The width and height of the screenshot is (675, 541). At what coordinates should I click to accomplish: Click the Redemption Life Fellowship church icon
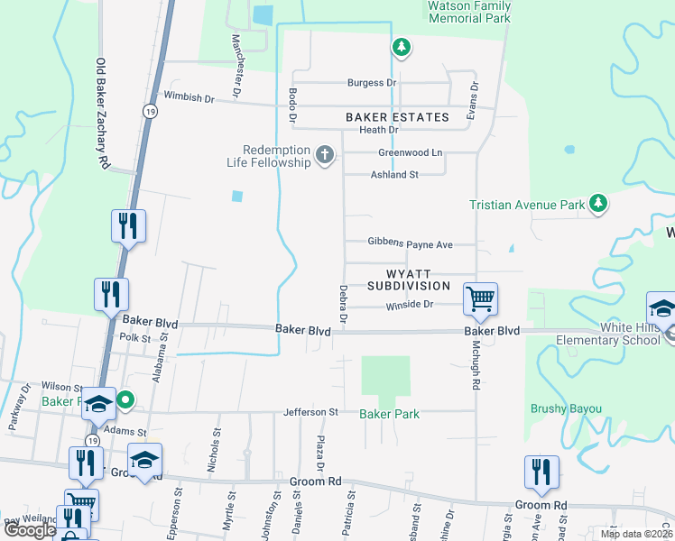click(x=325, y=156)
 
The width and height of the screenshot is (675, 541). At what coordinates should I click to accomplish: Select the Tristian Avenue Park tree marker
click(x=597, y=205)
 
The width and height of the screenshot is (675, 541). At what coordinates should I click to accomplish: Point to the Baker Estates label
click(x=397, y=117)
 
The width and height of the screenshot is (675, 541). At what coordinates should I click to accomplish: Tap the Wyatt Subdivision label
click(x=409, y=279)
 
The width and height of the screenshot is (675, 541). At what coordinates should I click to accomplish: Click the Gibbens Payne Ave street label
click(x=410, y=243)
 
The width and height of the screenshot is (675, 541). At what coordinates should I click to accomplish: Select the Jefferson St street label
click(x=310, y=412)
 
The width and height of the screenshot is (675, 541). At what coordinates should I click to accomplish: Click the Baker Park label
click(x=389, y=414)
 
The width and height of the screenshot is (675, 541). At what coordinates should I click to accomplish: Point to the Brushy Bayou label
click(x=565, y=408)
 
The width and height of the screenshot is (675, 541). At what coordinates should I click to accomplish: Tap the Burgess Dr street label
click(x=373, y=83)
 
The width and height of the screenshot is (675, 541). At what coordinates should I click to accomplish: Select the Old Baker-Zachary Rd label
click(x=102, y=114)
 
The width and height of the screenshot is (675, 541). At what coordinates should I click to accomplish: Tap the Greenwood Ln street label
click(x=411, y=152)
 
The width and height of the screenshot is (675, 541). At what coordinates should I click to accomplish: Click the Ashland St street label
click(x=395, y=174)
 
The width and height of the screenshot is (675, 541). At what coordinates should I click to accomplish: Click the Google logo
click(x=30, y=530)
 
